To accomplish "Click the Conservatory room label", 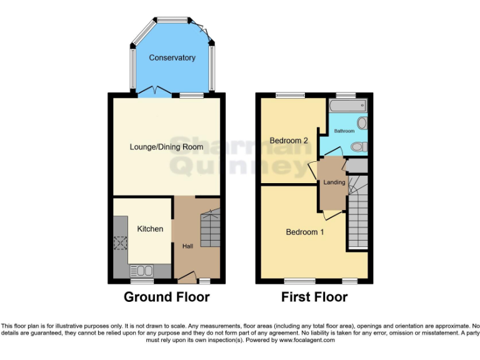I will coord(172,57).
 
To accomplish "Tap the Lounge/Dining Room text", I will coord(166,147).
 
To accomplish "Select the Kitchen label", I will coord(150,229).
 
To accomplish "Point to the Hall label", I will coord(187,246).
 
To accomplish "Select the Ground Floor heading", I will coord(166,297).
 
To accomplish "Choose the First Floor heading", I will coord(314,297).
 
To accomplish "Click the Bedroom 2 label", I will coord(289,141).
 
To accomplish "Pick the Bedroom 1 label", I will coord(305,232).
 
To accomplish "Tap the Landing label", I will coord(334,182).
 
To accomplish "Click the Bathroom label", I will coord(344,131).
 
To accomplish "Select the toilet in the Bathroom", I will coord(358,147).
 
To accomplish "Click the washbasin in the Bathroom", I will coord(362,122).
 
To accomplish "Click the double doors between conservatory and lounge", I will coord(155,92).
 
